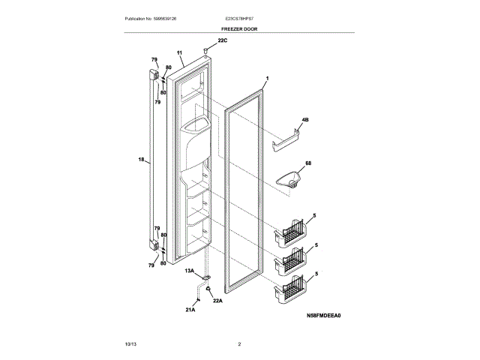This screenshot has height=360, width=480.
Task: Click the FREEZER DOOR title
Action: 239,28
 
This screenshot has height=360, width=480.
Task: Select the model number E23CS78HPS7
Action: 240,17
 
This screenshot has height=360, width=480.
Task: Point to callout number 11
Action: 180,52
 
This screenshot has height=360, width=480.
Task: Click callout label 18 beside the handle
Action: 142,159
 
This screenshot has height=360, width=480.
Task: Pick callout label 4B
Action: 305,120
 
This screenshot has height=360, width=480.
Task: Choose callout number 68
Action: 307,162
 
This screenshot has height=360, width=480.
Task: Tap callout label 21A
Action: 190,309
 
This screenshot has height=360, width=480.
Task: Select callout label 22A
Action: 218,301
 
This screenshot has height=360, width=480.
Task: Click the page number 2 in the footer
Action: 239,343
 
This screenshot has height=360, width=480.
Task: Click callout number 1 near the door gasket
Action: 267,79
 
